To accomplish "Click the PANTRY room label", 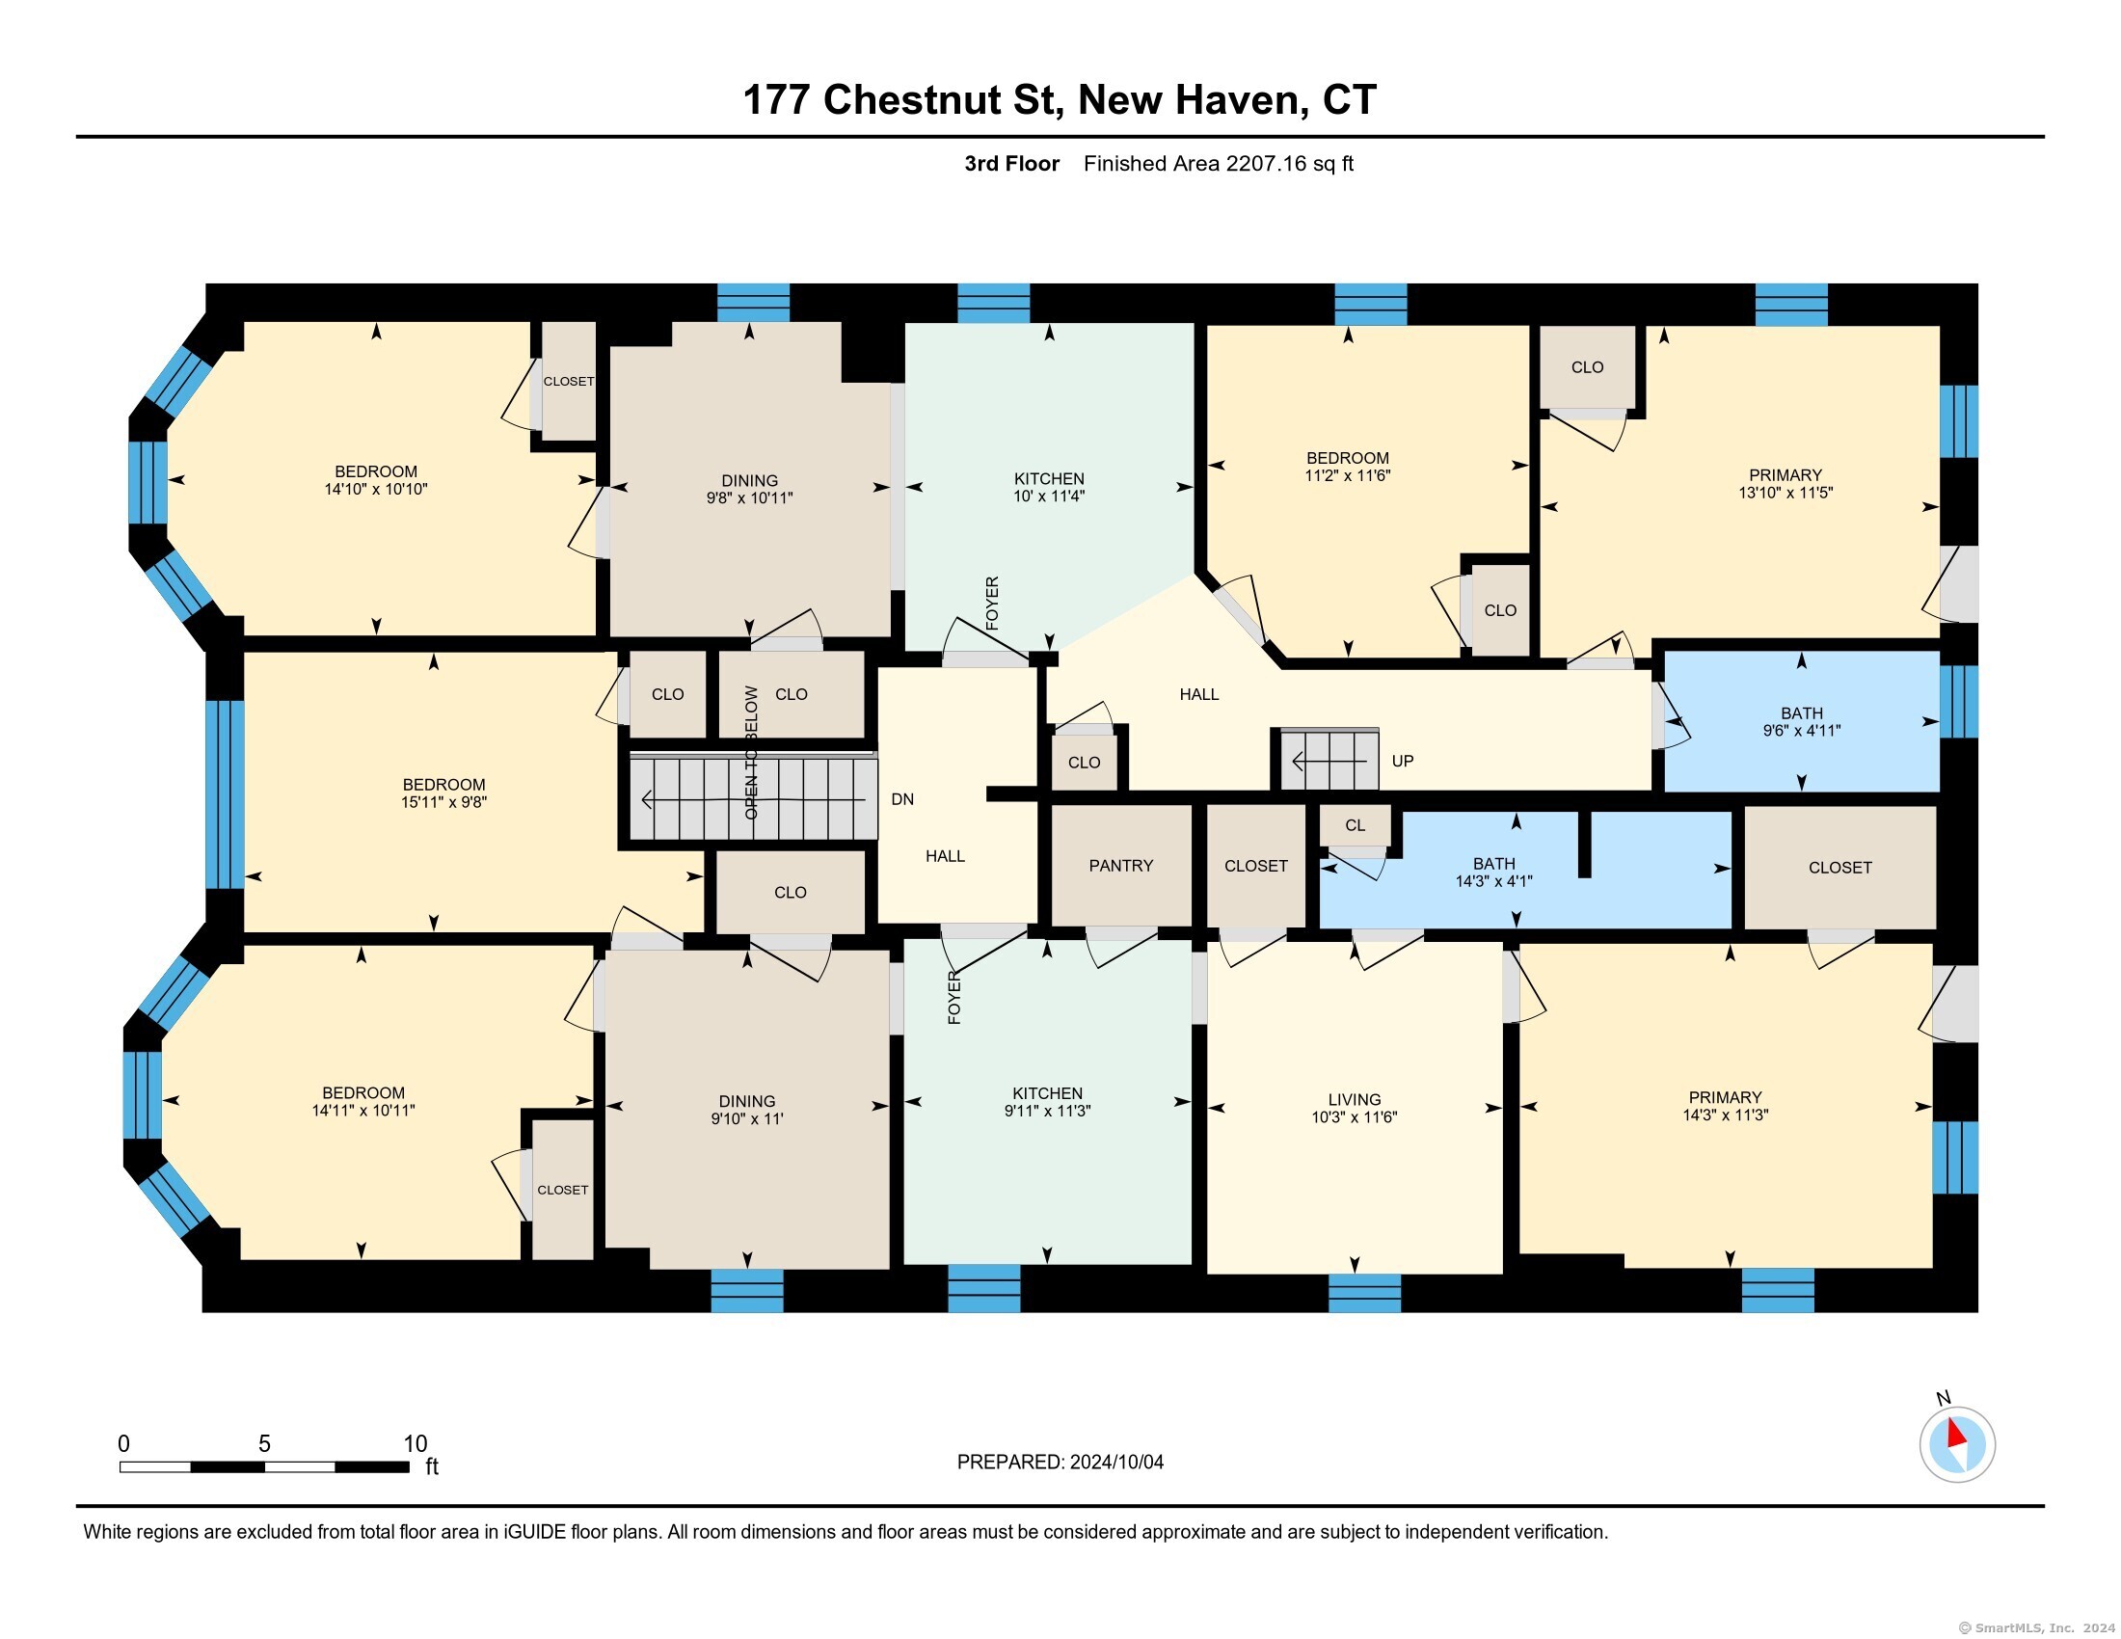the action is point(1120,865).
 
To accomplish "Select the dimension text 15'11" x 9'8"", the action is point(443,802).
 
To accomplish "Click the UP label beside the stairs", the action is point(1403,761).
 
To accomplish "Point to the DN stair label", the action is point(902,799).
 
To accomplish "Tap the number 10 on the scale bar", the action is point(415,1443).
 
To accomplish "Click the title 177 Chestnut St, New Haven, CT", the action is point(1060,100).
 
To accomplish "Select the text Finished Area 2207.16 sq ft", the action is point(1218,163).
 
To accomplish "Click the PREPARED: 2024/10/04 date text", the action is point(1060,1462).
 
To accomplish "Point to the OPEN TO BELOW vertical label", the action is point(751,752).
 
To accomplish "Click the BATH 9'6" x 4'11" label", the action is point(1802,721).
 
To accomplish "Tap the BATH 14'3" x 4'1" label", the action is point(1493,872).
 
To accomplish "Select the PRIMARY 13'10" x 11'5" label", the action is point(1785,484).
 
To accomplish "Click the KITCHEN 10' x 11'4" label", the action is point(1049,488).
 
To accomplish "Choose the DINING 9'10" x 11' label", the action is point(747,1109).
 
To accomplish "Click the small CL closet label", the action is point(1355,825).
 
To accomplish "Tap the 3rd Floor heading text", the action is point(1011,163).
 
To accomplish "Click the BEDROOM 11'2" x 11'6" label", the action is point(1347,466).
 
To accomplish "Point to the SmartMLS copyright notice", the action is point(2036,1628).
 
